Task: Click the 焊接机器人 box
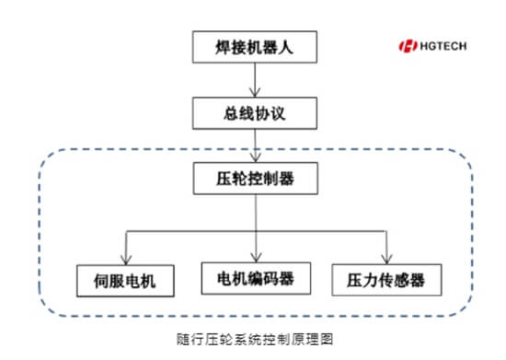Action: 255,47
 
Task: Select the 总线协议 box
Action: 255,113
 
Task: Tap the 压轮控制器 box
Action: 256,179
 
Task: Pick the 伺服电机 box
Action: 125,281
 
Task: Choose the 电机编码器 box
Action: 256,278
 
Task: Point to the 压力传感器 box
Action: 386,280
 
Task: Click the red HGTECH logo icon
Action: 408,46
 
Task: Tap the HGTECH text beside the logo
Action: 443,46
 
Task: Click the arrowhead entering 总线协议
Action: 255,93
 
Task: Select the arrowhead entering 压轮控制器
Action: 256,157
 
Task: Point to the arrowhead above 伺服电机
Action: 126,261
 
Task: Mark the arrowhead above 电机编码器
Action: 256,258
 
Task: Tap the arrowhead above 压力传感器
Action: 386,260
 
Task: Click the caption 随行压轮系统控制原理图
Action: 255,339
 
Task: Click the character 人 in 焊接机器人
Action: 285,48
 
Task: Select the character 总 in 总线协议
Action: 231,113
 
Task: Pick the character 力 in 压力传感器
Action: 370,280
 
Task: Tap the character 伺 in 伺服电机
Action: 101,281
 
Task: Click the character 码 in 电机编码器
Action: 270,279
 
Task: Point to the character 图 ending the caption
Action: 327,339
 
